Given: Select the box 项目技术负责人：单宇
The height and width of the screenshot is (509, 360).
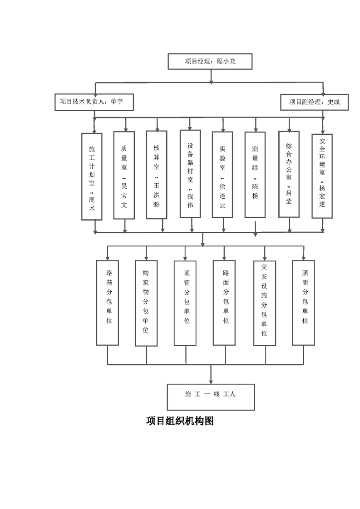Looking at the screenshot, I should point(94,102).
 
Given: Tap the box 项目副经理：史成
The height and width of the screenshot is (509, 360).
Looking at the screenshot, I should point(315,102).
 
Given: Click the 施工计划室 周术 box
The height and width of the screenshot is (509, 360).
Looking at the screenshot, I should point(92,176).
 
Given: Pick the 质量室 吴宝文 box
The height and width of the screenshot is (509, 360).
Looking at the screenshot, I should point(124,175).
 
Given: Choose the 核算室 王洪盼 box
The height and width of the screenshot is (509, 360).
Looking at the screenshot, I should point(157,175).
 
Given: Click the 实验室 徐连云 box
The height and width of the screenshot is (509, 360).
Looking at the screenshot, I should point(222,175).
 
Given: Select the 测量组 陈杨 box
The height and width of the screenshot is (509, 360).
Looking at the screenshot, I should point(255,175).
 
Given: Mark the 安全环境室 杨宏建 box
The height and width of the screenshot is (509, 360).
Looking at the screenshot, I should point(322,176).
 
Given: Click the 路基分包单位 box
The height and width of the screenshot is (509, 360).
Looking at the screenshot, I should point(108,303).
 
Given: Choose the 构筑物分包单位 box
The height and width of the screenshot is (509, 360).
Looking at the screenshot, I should point(146,303).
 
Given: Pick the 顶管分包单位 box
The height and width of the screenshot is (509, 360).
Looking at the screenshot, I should point(185,303).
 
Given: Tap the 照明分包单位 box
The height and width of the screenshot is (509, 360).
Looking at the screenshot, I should point(304,303).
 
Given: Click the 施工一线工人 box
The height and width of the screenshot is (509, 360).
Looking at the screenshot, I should point(211,397).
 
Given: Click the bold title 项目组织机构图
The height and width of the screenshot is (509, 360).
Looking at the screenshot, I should point(180,421).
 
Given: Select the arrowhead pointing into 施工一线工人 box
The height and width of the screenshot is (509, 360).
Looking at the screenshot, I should point(211,381).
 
